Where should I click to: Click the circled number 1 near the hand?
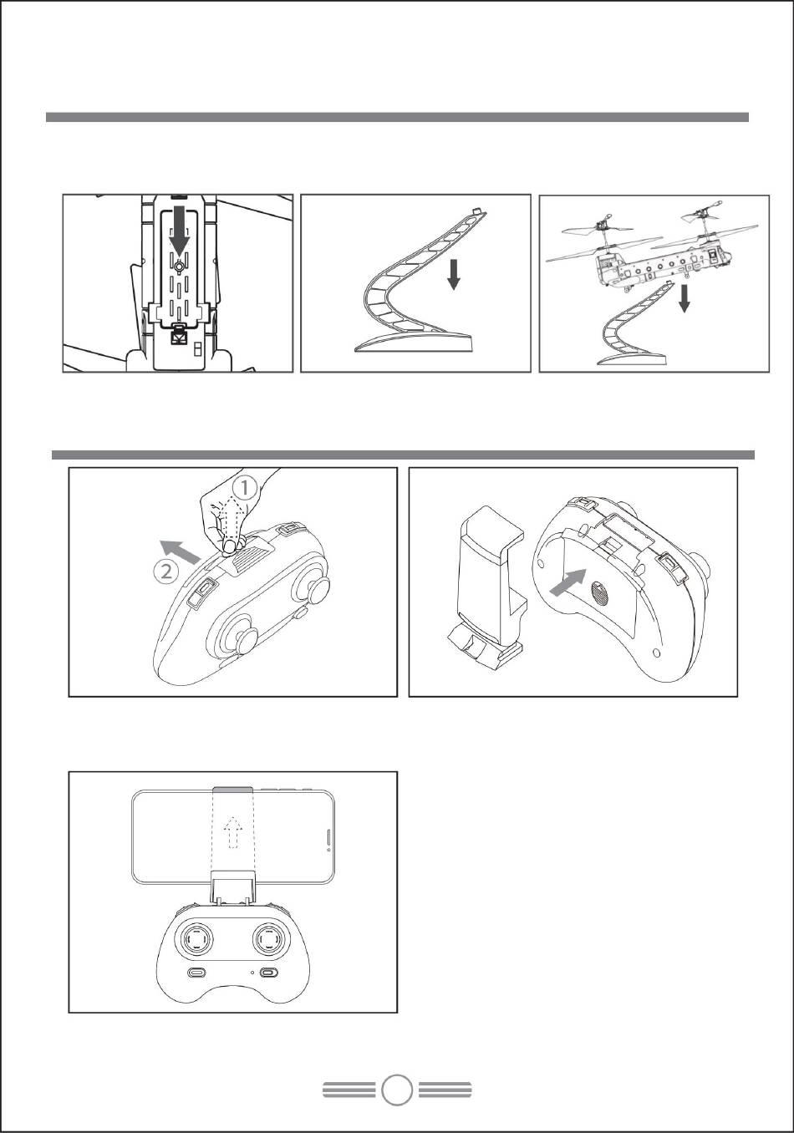[244, 489]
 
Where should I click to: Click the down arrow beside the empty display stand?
[454, 274]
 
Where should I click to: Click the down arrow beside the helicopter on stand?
[685, 298]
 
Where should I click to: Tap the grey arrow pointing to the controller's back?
[568, 582]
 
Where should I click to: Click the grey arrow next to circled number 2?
[180, 551]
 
